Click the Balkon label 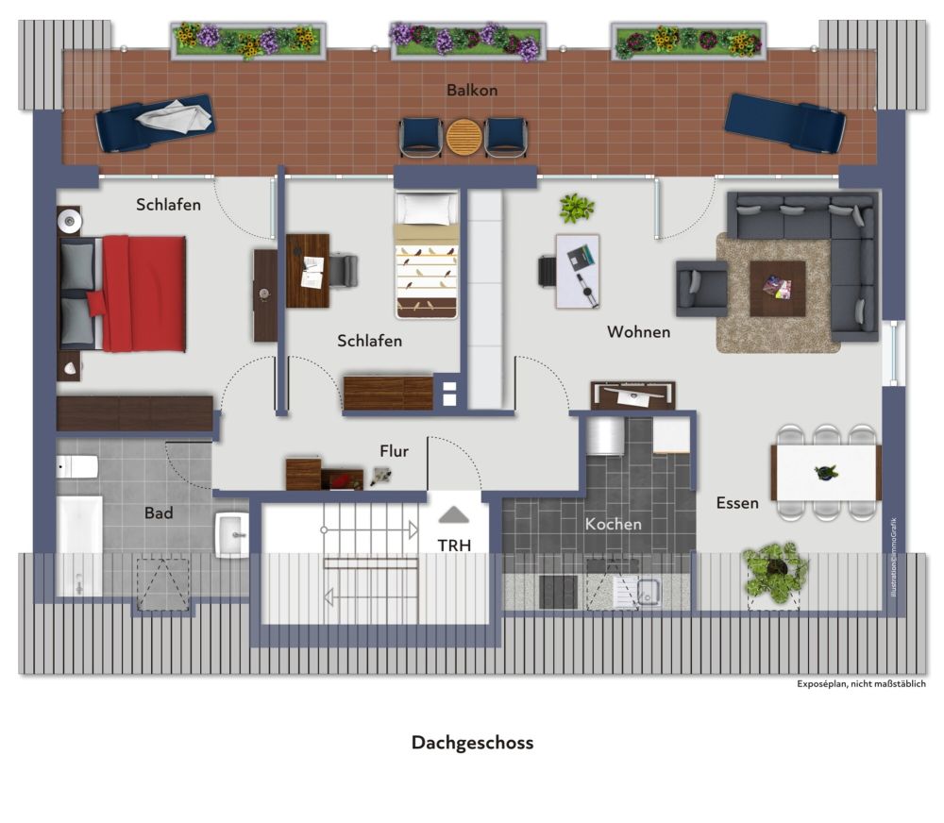click(x=472, y=91)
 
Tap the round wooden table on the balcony click(x=464, y=137)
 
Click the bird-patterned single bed click(x=427, y=255)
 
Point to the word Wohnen click(x=639, y=331)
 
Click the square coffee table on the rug click(x=777, y=289)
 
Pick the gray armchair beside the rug click(x=702, y=289)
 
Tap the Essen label click(x=737, y=503)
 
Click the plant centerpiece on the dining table click(x=825, y=473)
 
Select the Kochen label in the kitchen click(x=614, y=524)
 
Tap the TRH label click(x=454, y=546)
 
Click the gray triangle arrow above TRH click(x=454, y=514)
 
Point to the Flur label click(x=395, y=451)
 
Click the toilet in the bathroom click(x=77, y=466)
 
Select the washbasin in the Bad click(x=232, y=535)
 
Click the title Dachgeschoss click(x=473, y=743)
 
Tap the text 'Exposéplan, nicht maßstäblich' click(x=862, y=684)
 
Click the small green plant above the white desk click(x=577, y=209)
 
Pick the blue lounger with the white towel click(x=155, y=123)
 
